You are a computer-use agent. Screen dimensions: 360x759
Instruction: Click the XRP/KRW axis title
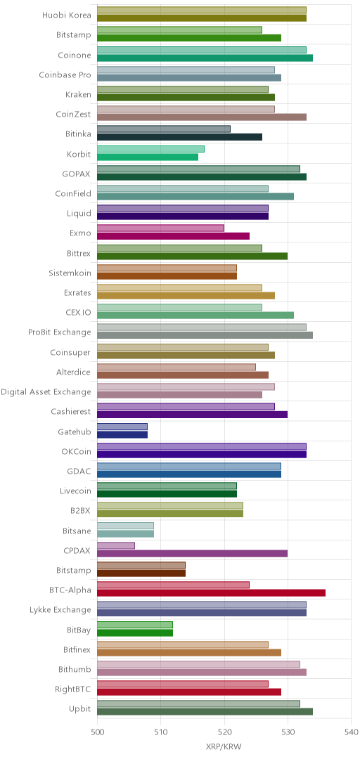pos(224,746)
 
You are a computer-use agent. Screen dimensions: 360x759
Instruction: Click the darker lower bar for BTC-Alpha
pos(211,593)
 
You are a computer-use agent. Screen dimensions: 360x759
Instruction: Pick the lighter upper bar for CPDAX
pos(116,546)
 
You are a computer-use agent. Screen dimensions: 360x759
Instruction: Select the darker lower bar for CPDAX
pos(193,553)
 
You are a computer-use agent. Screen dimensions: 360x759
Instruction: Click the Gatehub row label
pos(77,430)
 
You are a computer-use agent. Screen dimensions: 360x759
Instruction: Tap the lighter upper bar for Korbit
pos(150,149)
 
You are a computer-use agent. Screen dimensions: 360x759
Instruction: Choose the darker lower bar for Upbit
pos(205,711)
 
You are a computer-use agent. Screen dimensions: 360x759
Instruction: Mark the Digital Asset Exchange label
pos(46,391)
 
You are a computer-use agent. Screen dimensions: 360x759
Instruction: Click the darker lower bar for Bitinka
pos(180,137)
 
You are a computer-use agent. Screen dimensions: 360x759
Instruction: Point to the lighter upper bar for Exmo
pos(160,228)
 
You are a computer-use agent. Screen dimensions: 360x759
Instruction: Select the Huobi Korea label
pos(67,15)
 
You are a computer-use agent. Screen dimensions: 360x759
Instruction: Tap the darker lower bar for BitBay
pos(135,632)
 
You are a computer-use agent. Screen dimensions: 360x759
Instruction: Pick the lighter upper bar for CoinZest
pos(186,110)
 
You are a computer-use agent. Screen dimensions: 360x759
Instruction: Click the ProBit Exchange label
pos(60,332)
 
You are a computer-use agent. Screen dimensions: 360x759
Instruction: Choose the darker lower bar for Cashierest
pos(193,415)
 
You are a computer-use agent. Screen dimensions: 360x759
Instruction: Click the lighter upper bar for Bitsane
pos(125,526)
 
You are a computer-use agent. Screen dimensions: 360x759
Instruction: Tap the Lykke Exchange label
pos(60,609)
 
